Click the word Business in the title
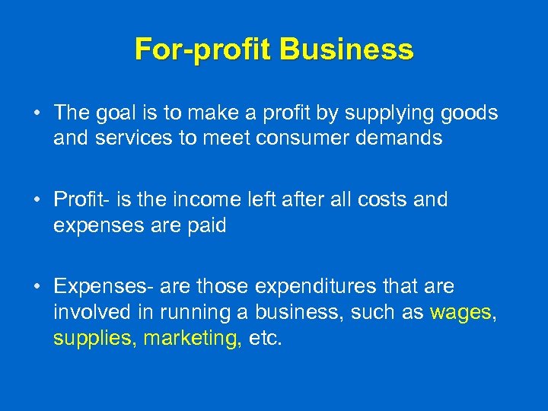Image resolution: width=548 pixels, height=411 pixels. point(346,49)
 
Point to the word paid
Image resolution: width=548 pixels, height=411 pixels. point(203,226)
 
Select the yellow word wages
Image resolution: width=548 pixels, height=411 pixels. point(460,313)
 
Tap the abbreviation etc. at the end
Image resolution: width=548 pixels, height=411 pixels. point(265,339)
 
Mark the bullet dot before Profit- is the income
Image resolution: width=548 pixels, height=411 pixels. point(37,201)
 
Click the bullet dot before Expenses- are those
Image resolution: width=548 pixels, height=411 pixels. point(37,288)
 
